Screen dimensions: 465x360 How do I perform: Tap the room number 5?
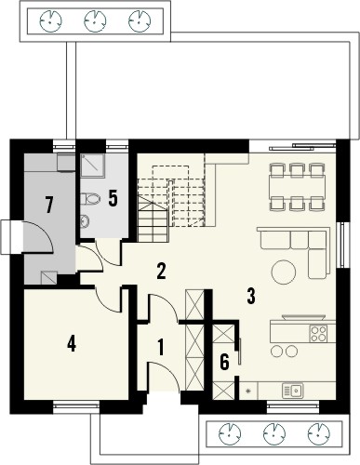(x=113, y=197)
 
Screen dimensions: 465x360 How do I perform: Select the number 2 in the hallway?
(x=161, y=272)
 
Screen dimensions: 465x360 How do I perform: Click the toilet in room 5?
(x=91, y=198)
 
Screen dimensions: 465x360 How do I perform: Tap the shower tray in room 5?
(x=91, y=165)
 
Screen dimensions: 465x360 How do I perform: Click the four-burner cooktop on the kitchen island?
(x=319, y=331)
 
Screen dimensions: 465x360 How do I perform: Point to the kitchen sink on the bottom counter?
(x=296, y=390)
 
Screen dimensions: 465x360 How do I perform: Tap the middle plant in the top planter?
(x=95, y=19)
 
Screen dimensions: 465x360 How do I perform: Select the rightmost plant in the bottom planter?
(x=319, y=432)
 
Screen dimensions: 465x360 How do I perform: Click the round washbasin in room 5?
(x=83, y=221)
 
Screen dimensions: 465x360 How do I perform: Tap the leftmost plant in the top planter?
(x=50, y=19)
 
